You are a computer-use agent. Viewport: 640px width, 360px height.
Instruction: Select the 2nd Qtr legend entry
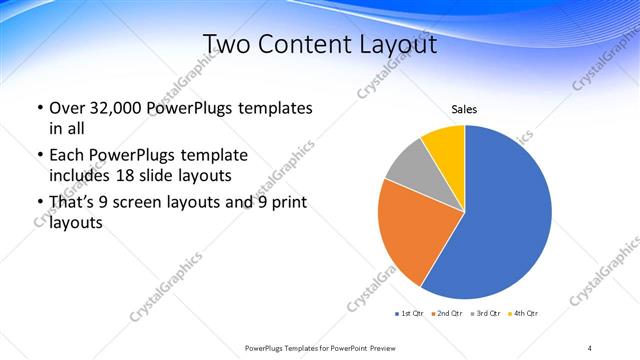coord(448,314)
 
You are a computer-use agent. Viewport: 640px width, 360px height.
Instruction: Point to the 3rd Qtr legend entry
coord(487,314)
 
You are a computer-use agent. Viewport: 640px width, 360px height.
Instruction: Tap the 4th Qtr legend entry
coord(524,314)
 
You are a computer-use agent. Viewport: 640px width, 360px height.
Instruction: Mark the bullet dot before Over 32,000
coord(39,108)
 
